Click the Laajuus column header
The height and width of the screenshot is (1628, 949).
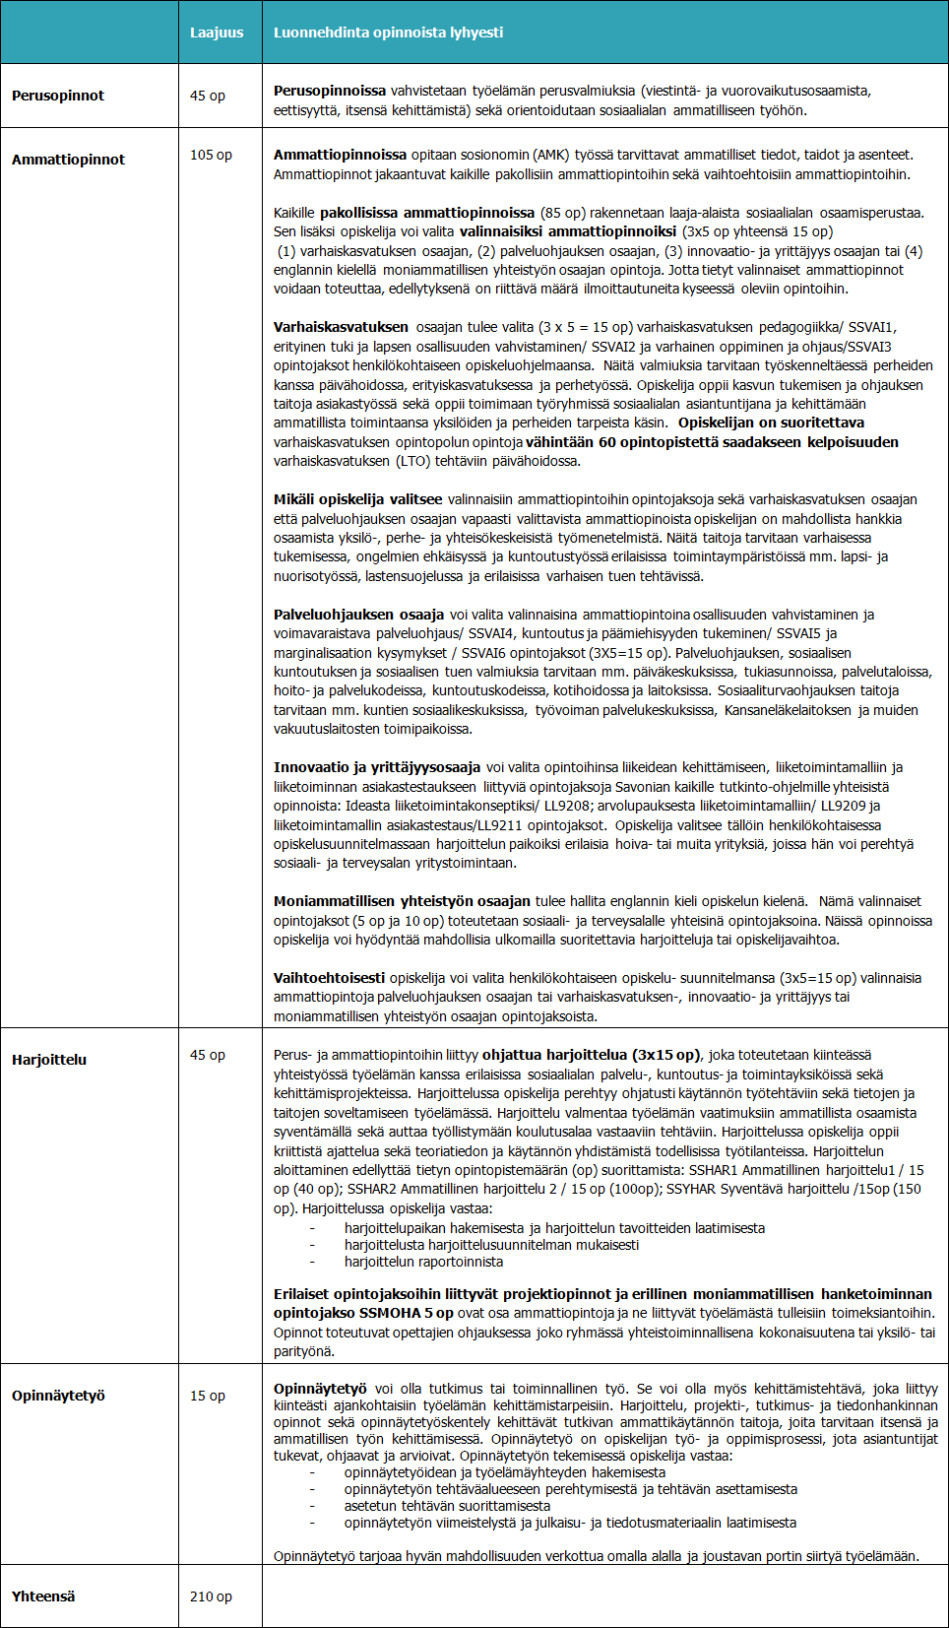tap(217, 33)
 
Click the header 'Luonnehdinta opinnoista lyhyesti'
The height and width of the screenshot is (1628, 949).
tap(388, 33)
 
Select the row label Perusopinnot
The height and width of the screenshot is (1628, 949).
tap(58, 96)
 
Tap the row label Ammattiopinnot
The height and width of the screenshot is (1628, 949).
tap(68, 160)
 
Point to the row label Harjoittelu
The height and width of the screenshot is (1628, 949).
tap(49, 1060)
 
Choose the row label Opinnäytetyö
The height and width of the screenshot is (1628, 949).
tap(58, 1396)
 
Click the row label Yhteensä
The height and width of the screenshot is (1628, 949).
tap(43, 1596)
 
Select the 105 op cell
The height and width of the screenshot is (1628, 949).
tap(211, 155)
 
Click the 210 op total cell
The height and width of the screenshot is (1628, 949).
tap(211, 1596)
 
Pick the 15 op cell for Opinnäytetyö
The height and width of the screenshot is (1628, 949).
tap(207, 1396)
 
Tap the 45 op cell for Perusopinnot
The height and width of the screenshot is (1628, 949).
tap(207, 96)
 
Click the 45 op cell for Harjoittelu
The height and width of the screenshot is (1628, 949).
tap(207, 1055)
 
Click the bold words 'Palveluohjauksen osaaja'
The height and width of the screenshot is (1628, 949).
tap(358, 615)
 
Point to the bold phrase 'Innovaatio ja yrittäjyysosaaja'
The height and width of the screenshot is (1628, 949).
tap(377, 767)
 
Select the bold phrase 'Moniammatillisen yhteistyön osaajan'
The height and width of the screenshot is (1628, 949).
tap(402, 901)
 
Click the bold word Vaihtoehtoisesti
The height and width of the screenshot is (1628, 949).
tap(329, 978)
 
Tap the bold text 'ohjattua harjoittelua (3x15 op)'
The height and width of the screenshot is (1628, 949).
tap(591, 1055)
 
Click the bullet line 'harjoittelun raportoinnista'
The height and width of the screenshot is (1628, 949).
tap(423, 1262)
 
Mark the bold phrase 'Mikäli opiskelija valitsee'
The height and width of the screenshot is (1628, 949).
tap(357, 499)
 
